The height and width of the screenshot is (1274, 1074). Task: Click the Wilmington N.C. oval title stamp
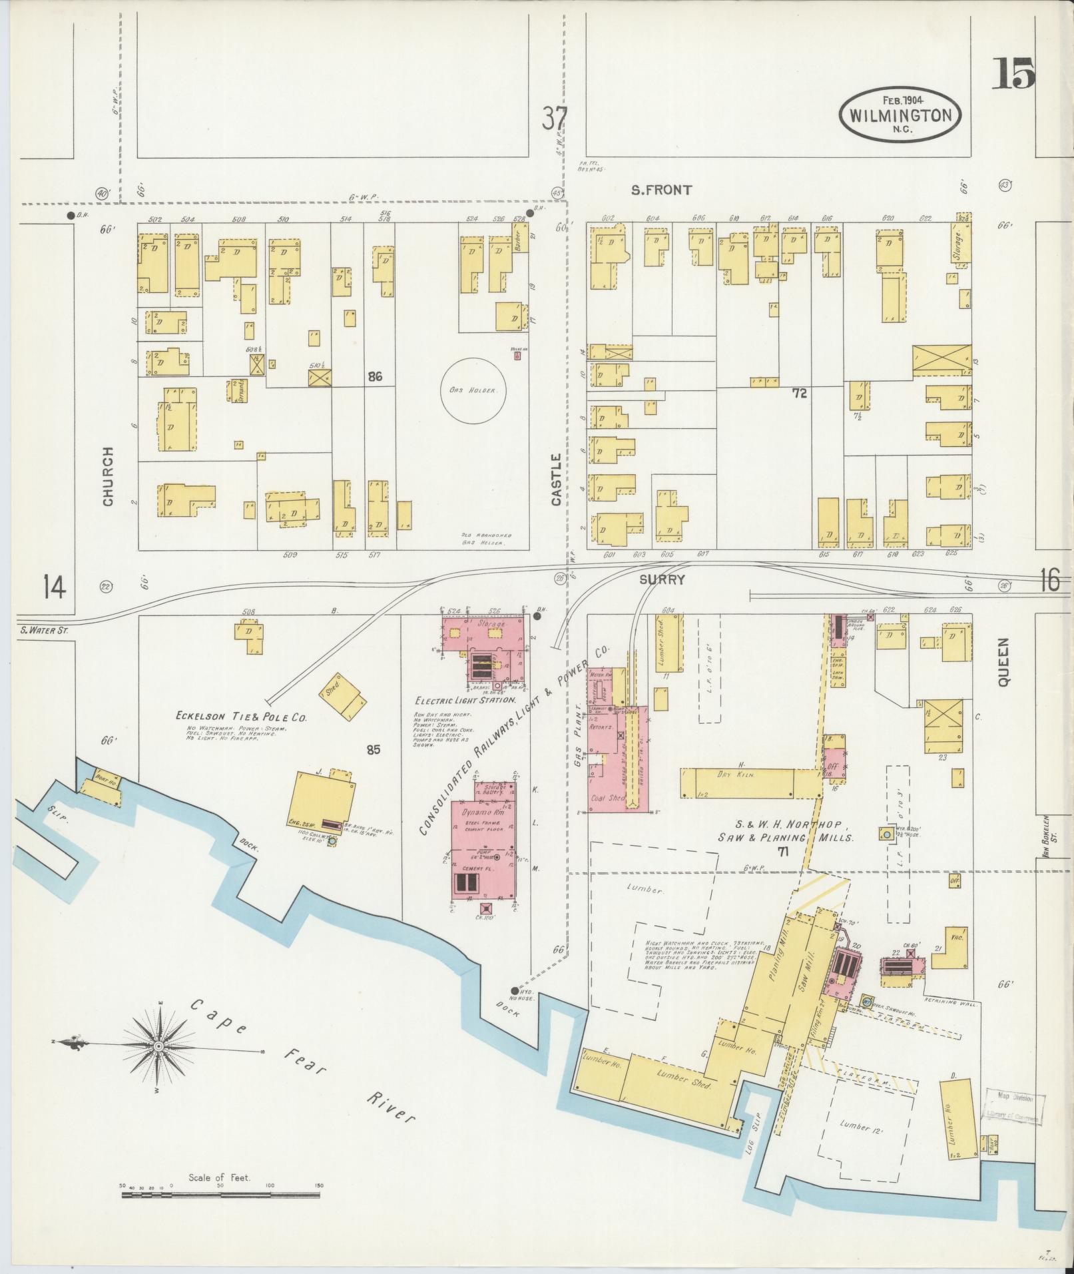coord(900,114)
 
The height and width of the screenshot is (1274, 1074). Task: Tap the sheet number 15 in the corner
coord(1013,74)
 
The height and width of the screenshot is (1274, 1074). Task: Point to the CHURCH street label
coord(108,476)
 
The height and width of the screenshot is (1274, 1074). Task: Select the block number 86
coord(375,377)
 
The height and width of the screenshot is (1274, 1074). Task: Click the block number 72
coord(799,394)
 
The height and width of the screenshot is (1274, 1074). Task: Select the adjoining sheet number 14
coord(55,587)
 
